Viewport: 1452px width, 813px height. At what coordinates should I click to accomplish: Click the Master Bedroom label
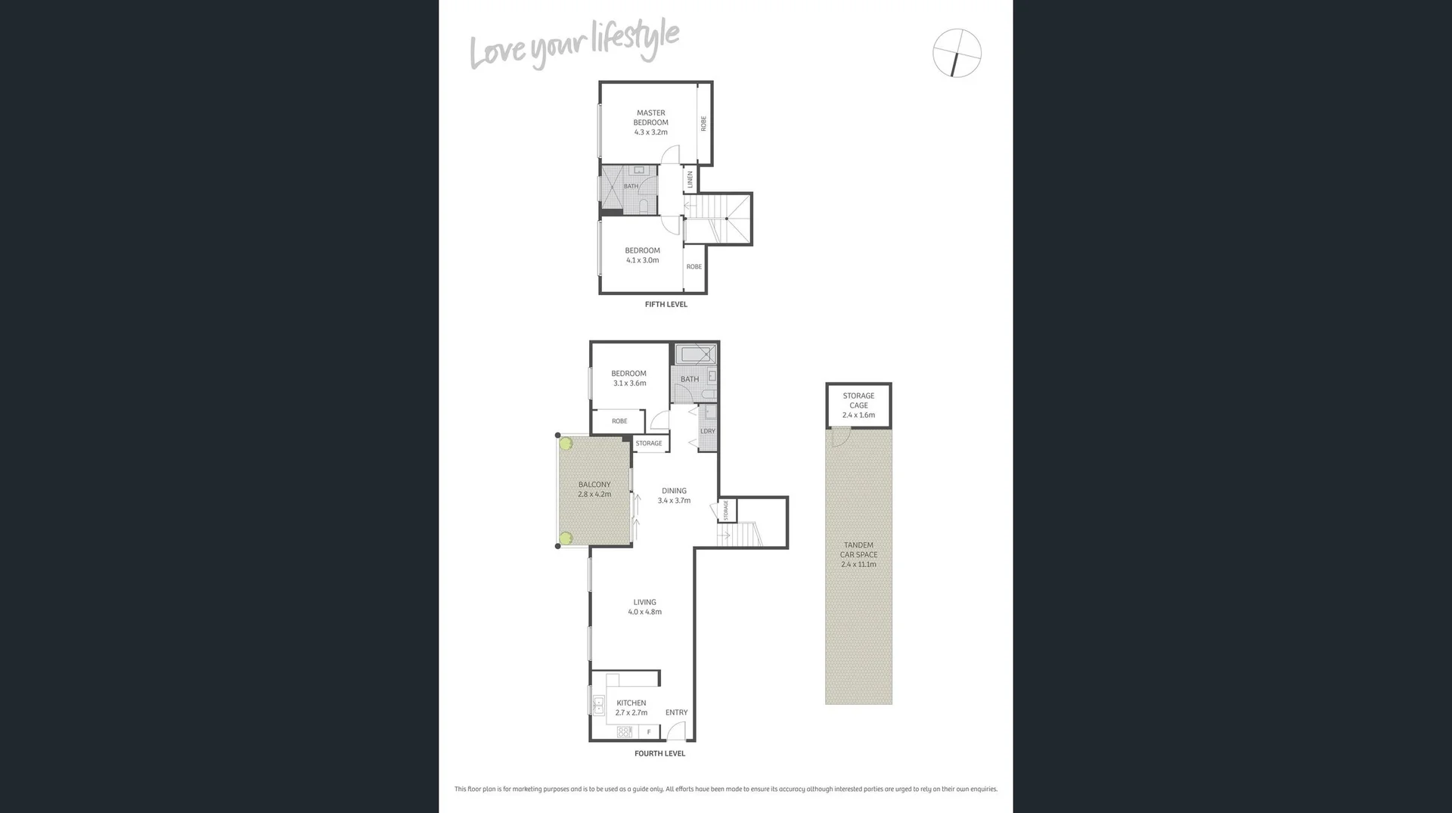point(650,122)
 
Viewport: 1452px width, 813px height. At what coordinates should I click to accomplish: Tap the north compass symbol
point(957,53)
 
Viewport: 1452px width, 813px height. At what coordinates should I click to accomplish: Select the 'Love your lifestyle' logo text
point(574,45)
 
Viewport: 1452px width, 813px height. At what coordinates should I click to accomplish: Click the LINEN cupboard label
point(690,179)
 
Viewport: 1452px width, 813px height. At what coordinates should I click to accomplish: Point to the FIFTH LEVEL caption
point(665,305)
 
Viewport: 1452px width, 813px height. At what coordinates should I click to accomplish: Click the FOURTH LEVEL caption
point(659,753)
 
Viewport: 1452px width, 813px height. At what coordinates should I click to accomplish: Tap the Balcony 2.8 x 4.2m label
point(594,489)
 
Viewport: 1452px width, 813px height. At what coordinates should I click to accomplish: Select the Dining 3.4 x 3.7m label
point(674,495)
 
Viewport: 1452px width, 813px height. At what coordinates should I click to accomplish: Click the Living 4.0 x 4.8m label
point(644,607)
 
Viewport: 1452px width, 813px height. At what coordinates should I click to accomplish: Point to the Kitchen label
point(631,707)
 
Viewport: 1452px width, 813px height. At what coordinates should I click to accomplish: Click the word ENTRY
point(676,712)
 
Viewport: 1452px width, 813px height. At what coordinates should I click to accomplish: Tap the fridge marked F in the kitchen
point(648,732)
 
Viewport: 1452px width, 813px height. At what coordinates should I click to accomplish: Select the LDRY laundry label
point(708,431)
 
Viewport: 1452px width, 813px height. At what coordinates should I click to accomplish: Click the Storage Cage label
point(858,405)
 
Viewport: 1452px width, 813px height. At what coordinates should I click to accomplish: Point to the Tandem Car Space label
point(858,554)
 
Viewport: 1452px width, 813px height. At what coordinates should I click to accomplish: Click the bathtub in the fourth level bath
point(695,354)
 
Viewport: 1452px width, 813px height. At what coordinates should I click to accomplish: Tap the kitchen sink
point(598,706)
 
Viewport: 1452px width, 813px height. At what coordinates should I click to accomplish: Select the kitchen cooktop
point(625,732)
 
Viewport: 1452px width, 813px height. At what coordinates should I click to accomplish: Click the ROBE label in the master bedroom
point(703,123)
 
